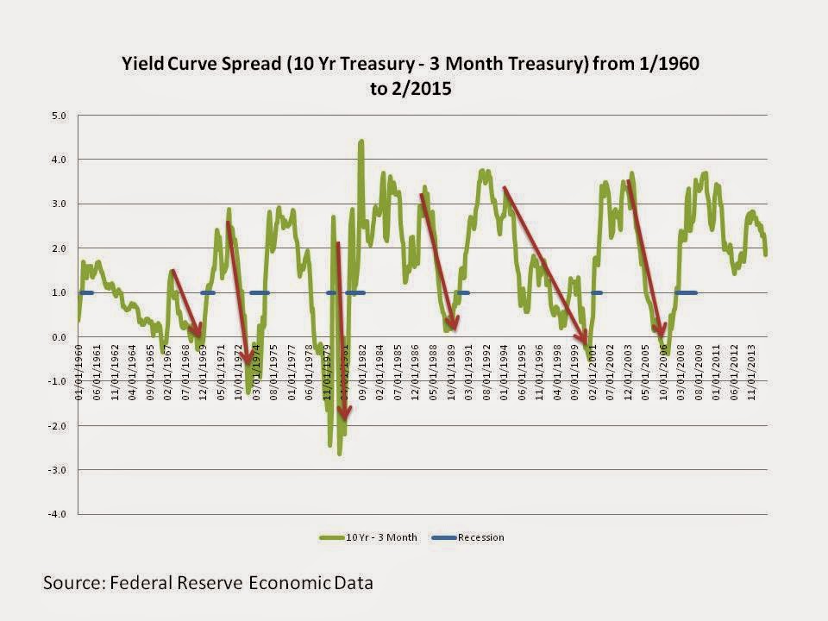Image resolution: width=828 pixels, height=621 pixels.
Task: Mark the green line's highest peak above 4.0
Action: click(361, 141)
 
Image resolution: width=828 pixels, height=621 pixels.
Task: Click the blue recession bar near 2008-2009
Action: click(687, 293)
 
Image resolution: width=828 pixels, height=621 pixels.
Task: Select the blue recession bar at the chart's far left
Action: click(86, 293)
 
